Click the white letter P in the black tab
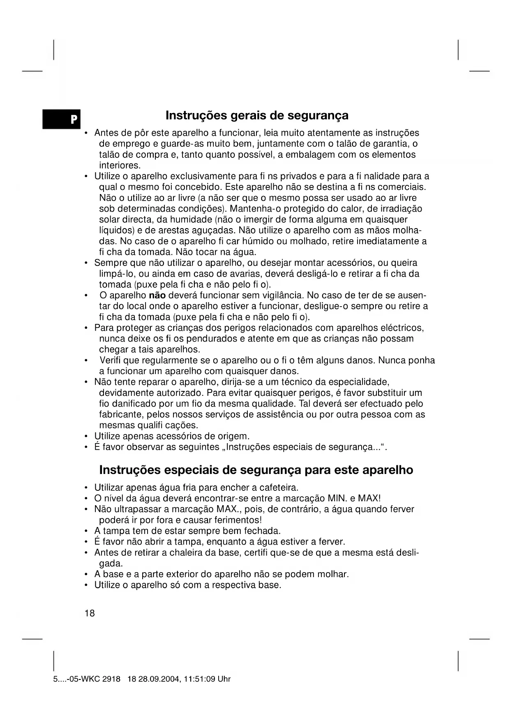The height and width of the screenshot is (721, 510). point(73,120)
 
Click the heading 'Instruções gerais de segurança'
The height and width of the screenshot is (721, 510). point(257,116)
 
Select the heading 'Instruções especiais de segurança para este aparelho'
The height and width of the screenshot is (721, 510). point(256,470)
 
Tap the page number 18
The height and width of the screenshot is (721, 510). point(90,613)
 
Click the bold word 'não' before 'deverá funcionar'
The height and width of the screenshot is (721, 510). point(157,296)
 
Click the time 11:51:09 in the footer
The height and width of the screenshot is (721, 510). point(200,679)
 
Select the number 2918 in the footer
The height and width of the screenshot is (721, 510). point(111,679)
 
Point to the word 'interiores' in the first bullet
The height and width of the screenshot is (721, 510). point(119,166)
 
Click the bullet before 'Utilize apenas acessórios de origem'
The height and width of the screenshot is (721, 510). point(85,436)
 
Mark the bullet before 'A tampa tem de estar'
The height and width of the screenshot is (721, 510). point(85,531)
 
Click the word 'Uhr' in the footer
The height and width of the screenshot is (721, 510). point(224,679)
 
